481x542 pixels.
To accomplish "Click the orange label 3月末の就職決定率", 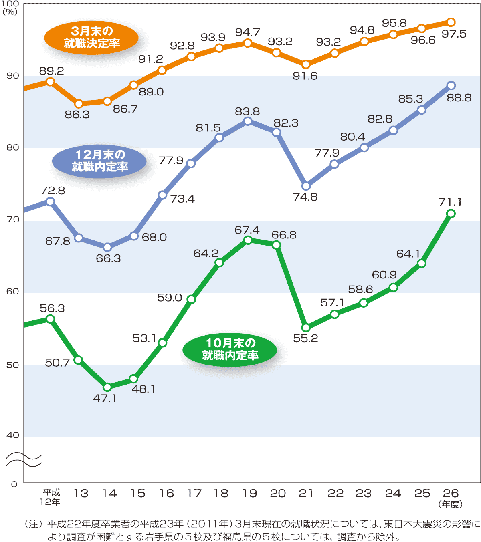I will [x=91, y=37].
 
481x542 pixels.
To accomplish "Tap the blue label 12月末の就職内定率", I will [x=99, y=161].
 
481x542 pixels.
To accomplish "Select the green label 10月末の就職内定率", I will [x=230, y=349].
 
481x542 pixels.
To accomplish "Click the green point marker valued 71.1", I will [x=451, y=214].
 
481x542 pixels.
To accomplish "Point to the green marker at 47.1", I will [x=107, y=387].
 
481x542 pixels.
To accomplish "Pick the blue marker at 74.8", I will [x=306, y=186].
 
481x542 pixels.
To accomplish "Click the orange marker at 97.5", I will [x=451, y=22].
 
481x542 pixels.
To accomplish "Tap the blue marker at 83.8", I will [x=248, y=121].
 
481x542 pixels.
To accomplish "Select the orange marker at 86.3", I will [x=79, y=104].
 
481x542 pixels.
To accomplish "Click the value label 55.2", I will [x=305, y=338].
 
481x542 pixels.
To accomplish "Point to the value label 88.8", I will [x=459, y=98].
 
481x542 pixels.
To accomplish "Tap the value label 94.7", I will [x=248, y=32].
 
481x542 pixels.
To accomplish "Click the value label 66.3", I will [x=108, y=258].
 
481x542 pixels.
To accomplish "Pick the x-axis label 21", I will [x=306, y=493].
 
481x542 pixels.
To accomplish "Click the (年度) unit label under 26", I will [x=451, y=504].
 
